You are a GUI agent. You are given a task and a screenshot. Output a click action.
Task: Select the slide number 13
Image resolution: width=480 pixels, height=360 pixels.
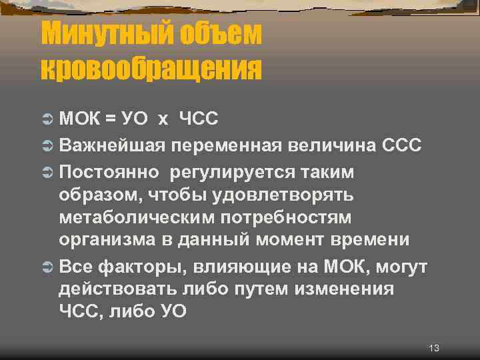coord(434,349)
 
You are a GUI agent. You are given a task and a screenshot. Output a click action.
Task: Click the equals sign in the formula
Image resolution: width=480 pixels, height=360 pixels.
coord(110,119)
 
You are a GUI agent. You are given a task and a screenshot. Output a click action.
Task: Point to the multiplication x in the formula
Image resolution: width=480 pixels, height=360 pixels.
coord(163,120)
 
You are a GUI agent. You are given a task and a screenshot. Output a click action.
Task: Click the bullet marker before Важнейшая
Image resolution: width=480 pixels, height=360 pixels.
coord(47,145)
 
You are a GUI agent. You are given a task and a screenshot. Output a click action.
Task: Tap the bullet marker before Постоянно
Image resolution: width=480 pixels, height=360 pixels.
coord(47,173)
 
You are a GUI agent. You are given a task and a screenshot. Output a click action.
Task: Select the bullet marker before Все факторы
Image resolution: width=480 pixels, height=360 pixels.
coord(47,267)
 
